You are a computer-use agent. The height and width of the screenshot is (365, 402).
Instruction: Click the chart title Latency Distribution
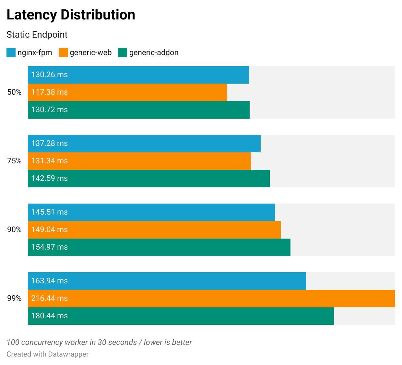71,15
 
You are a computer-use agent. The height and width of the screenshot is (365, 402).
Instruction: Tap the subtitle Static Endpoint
37,35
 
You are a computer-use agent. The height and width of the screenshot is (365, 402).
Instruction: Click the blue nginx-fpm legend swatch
11,53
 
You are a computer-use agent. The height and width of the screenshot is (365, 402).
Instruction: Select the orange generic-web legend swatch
64,53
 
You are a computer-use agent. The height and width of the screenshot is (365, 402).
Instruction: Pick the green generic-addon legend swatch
123,53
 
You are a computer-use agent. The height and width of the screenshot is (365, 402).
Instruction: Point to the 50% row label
14,92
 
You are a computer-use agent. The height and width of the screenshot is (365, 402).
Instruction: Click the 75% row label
14,161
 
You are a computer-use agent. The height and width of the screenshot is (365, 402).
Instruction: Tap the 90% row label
14,230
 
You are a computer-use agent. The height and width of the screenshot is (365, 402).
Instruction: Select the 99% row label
14,299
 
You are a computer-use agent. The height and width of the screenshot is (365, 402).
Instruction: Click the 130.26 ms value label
49,75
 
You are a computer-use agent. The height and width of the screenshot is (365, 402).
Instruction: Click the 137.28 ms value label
49,144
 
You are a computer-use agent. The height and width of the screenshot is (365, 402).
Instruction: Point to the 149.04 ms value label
49,230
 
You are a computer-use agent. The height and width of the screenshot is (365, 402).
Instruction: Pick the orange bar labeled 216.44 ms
211,299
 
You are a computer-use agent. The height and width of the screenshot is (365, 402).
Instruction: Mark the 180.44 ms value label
49,316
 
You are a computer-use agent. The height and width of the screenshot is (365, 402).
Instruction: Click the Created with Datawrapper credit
47,354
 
